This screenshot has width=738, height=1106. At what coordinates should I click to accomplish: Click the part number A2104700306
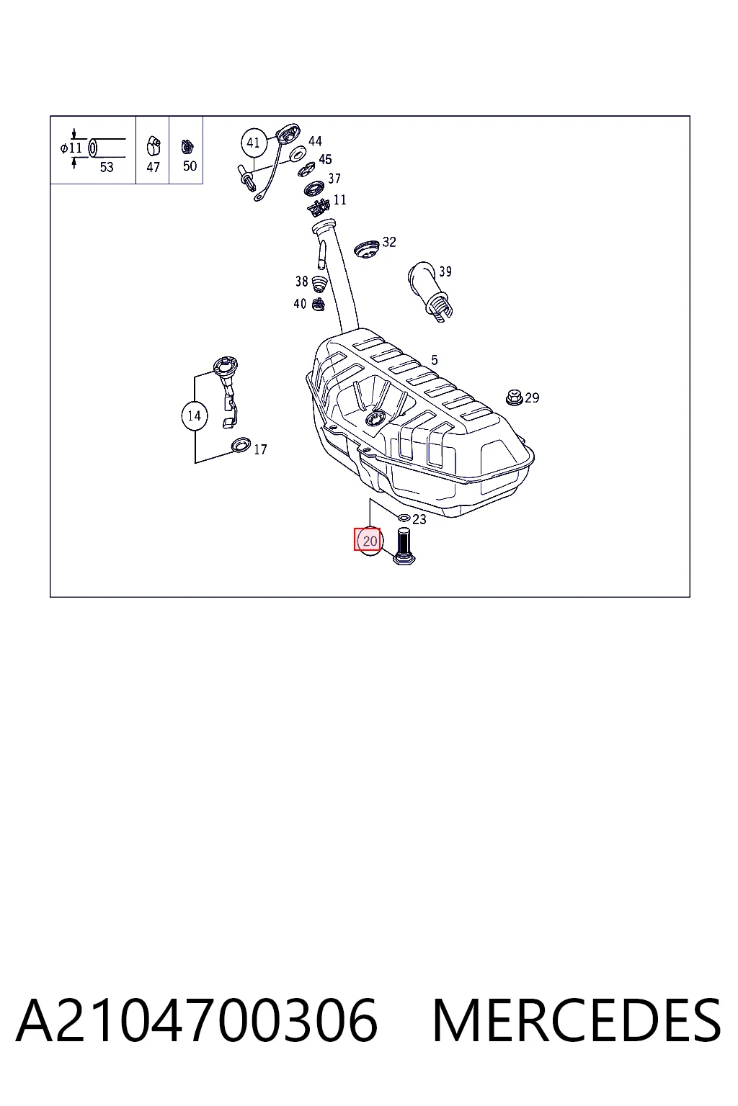(197, 1020)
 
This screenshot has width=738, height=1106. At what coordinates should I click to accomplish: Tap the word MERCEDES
(577, 1020)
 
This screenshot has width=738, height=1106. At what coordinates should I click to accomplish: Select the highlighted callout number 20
(370, 541)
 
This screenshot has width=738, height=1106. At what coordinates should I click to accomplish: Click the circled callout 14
(195, 415)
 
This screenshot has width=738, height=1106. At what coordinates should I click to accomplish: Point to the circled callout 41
(254, 143)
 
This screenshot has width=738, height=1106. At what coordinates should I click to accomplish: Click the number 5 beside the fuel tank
(434, 360)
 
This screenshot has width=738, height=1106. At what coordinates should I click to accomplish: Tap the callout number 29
(532, 397)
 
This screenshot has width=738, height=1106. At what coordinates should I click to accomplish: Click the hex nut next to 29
(515, 397)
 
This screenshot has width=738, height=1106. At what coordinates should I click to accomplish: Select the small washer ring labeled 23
(404, 518)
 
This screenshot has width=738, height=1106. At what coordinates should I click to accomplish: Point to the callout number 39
(445, 271)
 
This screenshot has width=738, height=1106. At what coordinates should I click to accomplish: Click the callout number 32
(389, 242)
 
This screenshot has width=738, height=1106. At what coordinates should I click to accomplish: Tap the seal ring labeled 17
(241, 445)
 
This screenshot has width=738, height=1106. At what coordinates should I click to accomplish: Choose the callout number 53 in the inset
(107, 167)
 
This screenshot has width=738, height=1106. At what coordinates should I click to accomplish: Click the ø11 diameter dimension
(71, 148)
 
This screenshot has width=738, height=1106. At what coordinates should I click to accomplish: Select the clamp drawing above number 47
(154, 145)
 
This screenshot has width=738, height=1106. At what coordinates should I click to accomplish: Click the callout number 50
(190, 166)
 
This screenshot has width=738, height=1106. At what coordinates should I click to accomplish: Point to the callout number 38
(301, 282)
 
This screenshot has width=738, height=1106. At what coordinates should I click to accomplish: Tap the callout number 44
(315, 141)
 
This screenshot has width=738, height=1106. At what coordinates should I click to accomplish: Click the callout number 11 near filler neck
(340, 200)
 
